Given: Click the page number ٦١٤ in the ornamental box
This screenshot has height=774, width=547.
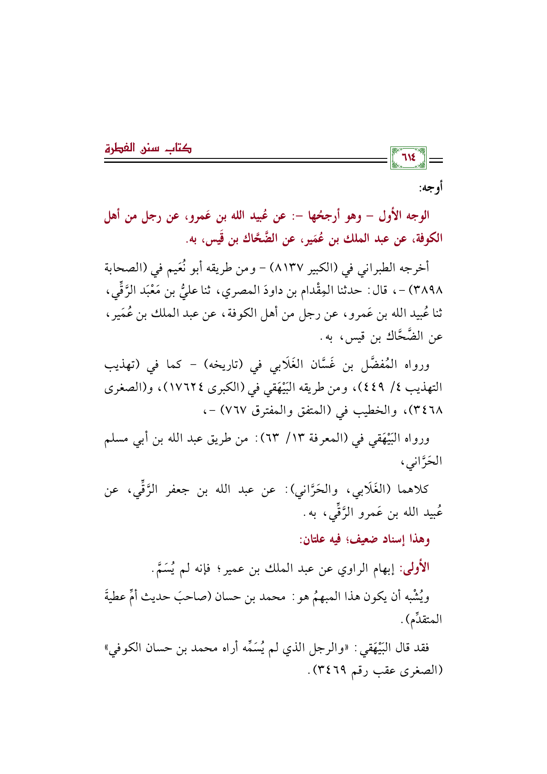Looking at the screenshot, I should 409,158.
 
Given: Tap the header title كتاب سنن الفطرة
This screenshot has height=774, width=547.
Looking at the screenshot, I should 148,147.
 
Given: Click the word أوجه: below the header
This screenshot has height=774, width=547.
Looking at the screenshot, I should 431,188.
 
